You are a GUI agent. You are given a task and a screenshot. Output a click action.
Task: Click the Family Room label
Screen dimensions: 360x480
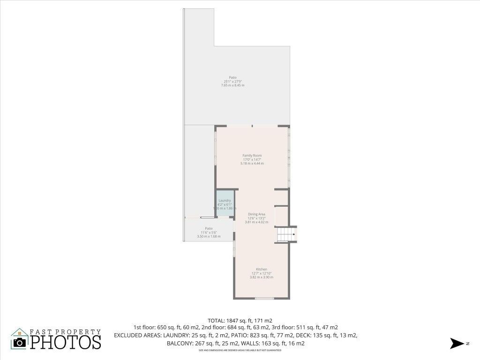pyautogui.click(x=252, y=155)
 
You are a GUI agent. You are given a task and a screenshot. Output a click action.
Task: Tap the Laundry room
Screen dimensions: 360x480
pyautogui.click(x=225, y=203)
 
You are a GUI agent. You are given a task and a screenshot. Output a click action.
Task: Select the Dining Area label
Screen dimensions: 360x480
pyautogui.click(x=256, y=214)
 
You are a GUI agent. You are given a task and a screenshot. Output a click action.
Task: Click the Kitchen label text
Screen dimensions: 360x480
pyautogui.click(x=261, y=269)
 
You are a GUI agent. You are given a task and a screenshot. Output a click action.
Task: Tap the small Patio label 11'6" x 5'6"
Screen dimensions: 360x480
pyautogui.click(x=209, y=229)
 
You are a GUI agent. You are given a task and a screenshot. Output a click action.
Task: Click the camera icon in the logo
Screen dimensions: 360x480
pyautogui.click(x=20, y=342)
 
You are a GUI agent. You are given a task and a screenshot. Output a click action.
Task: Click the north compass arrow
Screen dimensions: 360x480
pyautogui.click(x=456, y=343)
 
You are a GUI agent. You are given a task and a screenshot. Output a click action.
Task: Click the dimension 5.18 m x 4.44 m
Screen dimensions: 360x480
pyautogui.click(x=252, y=163)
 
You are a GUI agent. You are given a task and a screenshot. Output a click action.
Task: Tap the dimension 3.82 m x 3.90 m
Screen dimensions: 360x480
pyautogui.click(x=261, y=277)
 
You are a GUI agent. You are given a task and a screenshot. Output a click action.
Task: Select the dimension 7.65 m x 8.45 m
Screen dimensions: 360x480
pyautogui.click(x=232, y=85)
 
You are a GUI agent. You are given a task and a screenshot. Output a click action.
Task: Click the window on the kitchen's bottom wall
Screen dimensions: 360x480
pyautogui.click(x=264, y=299)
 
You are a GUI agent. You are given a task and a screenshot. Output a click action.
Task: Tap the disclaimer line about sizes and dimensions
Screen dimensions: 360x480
pyautogui.click(x=240, y=350)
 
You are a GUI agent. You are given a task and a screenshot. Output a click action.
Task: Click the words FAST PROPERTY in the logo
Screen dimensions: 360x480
pyautogui.click(x=65, y=331)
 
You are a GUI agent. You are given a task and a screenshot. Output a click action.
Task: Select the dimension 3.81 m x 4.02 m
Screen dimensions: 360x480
pyautogui.click(x=256, y=222)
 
